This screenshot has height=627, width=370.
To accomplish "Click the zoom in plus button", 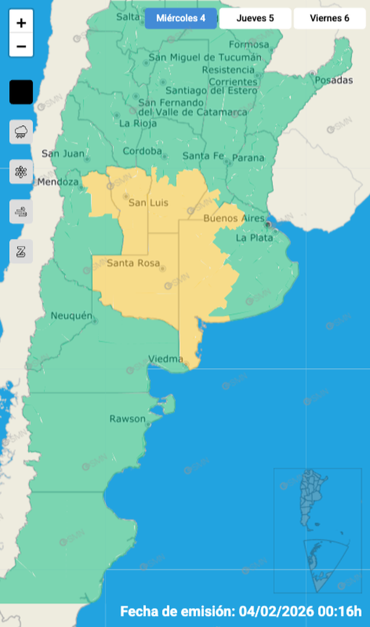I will coord(21,23).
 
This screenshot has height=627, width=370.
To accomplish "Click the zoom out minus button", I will coord(21,45).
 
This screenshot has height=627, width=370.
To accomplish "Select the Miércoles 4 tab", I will coord(181,18).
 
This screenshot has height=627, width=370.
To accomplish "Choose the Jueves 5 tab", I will coord(255,18).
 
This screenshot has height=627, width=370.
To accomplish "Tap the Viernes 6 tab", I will coord(329,18).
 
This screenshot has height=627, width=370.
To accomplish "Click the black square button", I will coord(21,92).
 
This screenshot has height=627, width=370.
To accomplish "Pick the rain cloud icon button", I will coord(21,132).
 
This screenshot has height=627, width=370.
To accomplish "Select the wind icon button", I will coord(21,212).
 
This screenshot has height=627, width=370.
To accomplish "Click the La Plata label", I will coord(249,238).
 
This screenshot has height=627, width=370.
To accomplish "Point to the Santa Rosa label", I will coord(133,263).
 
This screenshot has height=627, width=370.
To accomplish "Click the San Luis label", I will coord(148,203).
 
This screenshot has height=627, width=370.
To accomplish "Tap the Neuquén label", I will coord(71,315).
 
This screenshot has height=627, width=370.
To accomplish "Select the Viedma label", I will coord(166,358).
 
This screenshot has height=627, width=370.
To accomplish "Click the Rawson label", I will coord(127,419).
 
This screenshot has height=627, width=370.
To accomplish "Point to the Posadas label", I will coord(334,80).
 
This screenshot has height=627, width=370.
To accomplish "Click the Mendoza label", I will coord(58,182).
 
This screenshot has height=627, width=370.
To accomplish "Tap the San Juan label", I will coord(62,153).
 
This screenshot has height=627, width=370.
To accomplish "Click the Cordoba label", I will coord(142,151).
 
